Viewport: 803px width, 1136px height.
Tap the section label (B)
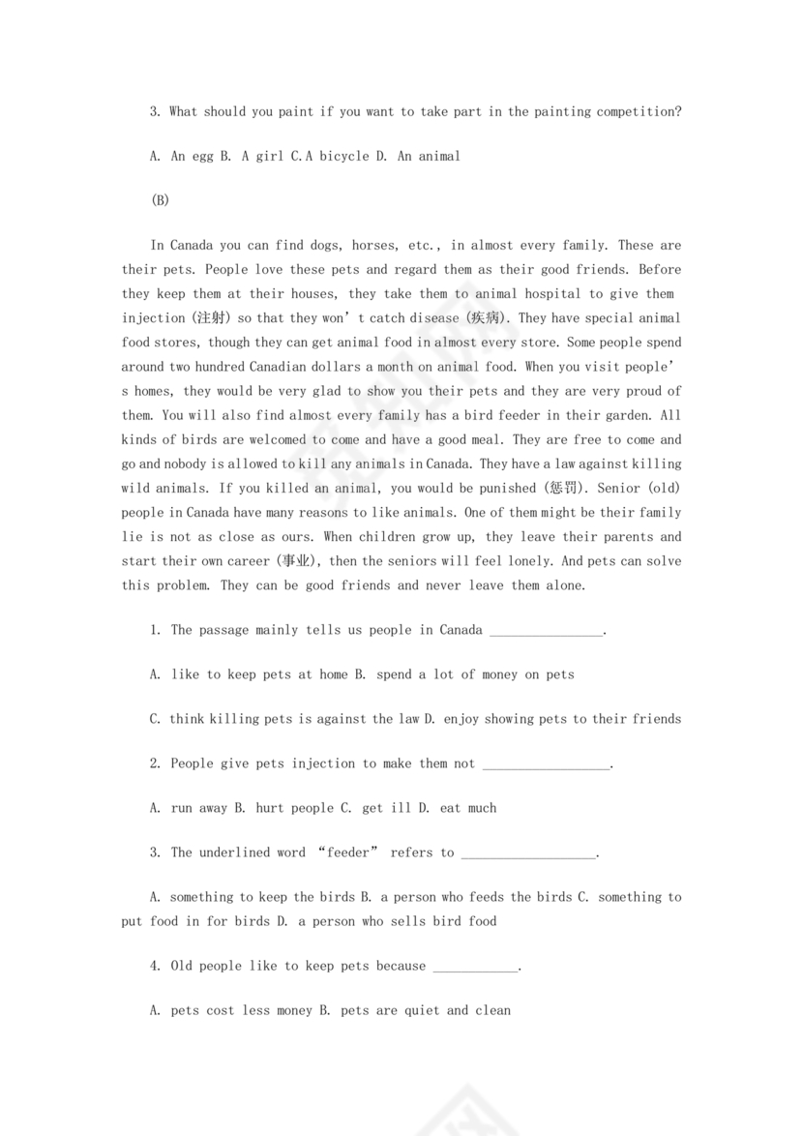pos(161,200)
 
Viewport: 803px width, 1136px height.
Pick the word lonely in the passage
pos(558,561)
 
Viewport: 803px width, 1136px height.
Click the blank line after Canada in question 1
pos(547,631)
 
